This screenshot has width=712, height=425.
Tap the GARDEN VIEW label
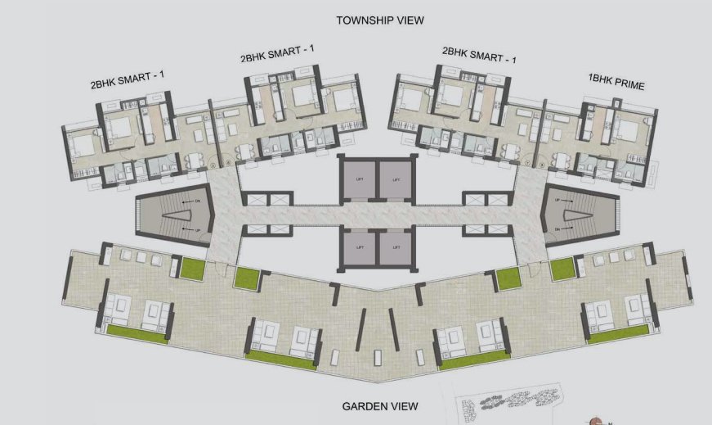(x=380, y=406)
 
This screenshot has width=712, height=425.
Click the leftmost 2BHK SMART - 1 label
(x=128, y=80)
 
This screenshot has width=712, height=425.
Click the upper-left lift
(x=358, y=179)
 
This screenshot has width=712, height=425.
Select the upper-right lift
(x=396, y=179)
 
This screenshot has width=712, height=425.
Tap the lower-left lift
(x=358, y=246)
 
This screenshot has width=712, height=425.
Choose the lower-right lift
(x=396, y=246)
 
